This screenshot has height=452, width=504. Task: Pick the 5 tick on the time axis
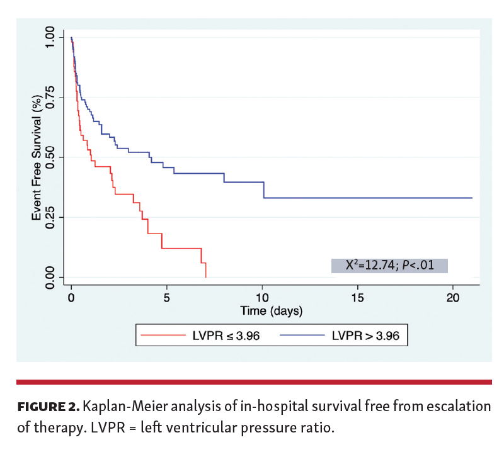pyautogui.click(x=167, y=297)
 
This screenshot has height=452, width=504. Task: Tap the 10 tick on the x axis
pyautogui.click(x=262, y=297)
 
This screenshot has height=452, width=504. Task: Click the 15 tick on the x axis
pyautogui.click(x=358, y=297)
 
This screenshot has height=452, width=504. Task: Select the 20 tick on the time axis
pyautogui.click(x=453, y=297)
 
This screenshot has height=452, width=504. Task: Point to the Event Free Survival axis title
pyautogui.click(x=37, y=157)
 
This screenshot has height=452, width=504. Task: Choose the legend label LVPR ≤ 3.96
pyautogui.click(x=224, y=335)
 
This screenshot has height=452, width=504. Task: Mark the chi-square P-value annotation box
pyautogui.click(x=389, y=265)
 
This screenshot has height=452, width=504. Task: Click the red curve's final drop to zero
pyautogui.click(x=205, y=271)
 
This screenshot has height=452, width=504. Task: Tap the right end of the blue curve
pyautogui.click(x=472, y=198)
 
